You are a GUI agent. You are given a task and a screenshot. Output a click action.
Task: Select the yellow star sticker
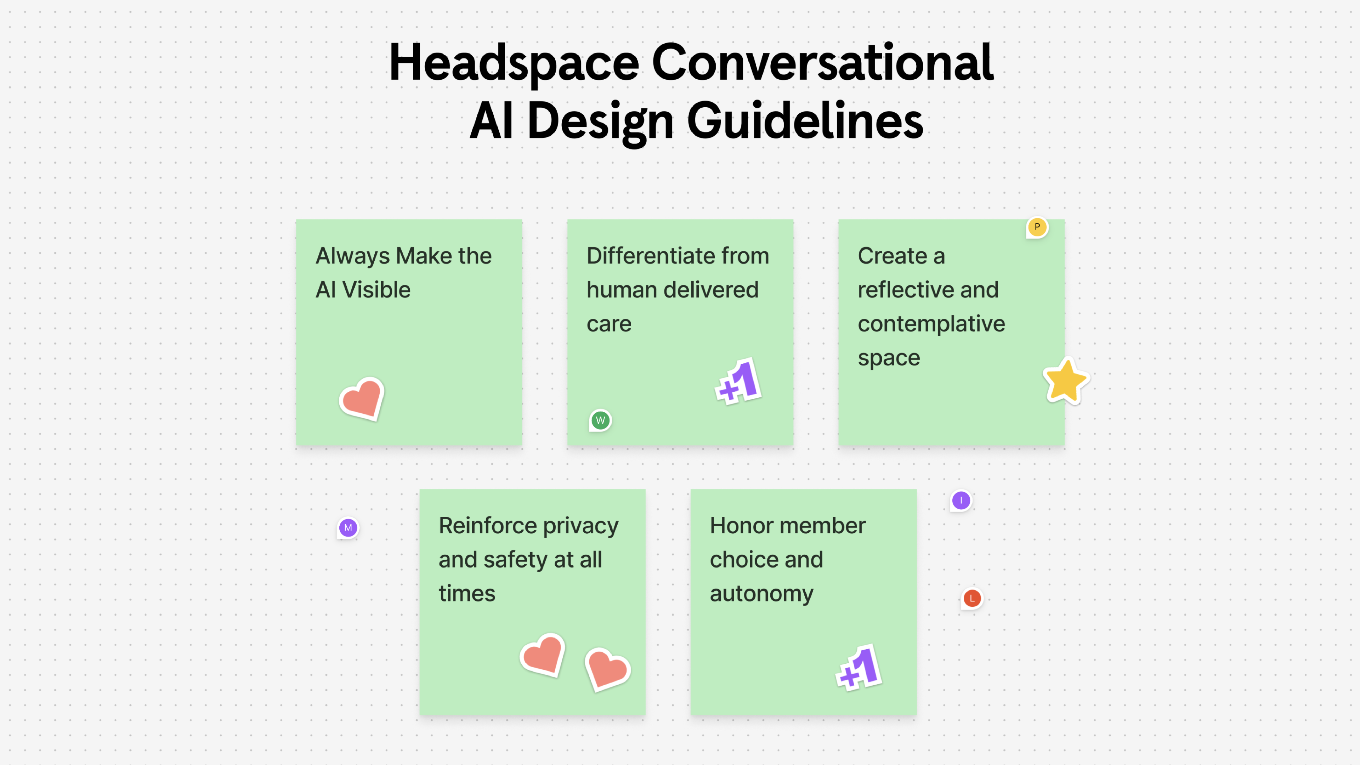pyautogui.click(x=1065, y=381)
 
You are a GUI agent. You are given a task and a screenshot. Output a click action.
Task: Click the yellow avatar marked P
pyautogui.click(x=1037, y=227)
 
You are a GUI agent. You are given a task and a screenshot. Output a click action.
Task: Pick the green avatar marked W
pyautogui.click(x=600, y=420)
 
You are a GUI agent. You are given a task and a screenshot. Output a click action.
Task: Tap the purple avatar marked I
pyautogui.click(x=961, y=500)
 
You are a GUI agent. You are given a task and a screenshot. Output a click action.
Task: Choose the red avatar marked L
pyautogui.click(x=972, y=598)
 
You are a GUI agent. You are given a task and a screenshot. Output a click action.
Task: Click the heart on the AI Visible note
pyautogui.click(x=362, y=398)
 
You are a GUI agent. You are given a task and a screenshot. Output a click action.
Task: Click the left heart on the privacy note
pyautogui.click(x=543, y=654)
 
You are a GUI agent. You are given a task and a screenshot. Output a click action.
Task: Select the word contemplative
pyautogui.click(x=931, y=324)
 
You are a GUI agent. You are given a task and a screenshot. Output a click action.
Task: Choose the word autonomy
pyautogui.click(x=761, y=594)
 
